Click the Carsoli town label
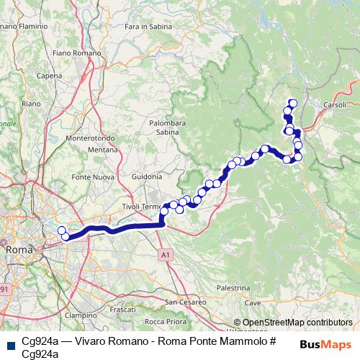click(336, 104)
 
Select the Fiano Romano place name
click(72, 53)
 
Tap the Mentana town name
click(102, 149)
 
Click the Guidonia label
click(147, 176)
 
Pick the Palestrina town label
click(232, 287)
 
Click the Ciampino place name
click(81, 315)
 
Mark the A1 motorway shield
click(166, 254)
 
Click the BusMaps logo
click(326, 344)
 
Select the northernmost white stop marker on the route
click(292, 103)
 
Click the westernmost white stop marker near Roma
click(60, 230)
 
